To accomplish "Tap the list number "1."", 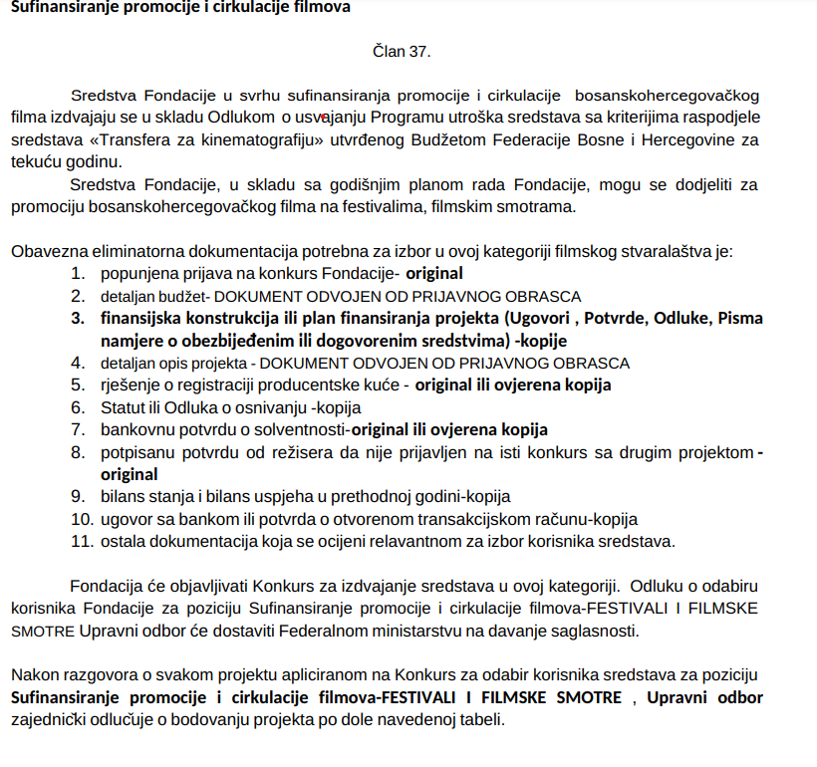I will point(78,273).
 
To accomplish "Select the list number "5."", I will point(78,384).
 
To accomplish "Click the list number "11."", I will point(82,541).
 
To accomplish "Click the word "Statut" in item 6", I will point(123,406).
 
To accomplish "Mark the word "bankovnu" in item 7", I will point(135,429).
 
